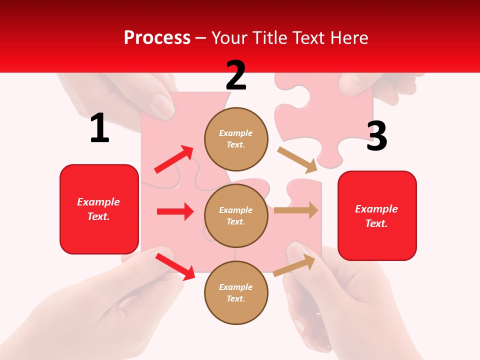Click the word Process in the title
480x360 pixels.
click(157, 37)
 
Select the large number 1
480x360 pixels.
click(99, 128)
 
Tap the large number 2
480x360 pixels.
click(236, 75)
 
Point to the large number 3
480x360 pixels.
click(376, 136)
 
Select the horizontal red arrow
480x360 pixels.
click(175, 211)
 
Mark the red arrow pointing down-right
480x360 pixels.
click(175, 266)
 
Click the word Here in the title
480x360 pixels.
click(348, 37)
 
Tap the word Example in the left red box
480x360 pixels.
click(98, 202)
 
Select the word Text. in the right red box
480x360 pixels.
click(376, 223)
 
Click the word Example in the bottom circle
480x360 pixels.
click(235, 287)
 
